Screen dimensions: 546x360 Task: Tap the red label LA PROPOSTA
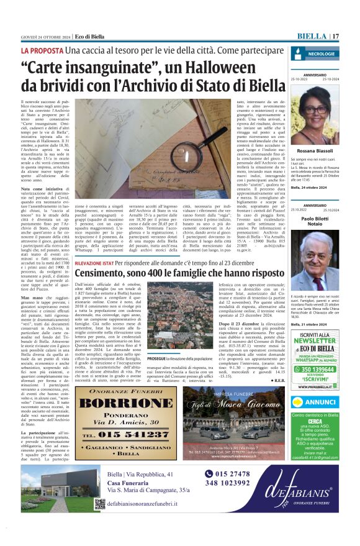(x=42, y=50)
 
